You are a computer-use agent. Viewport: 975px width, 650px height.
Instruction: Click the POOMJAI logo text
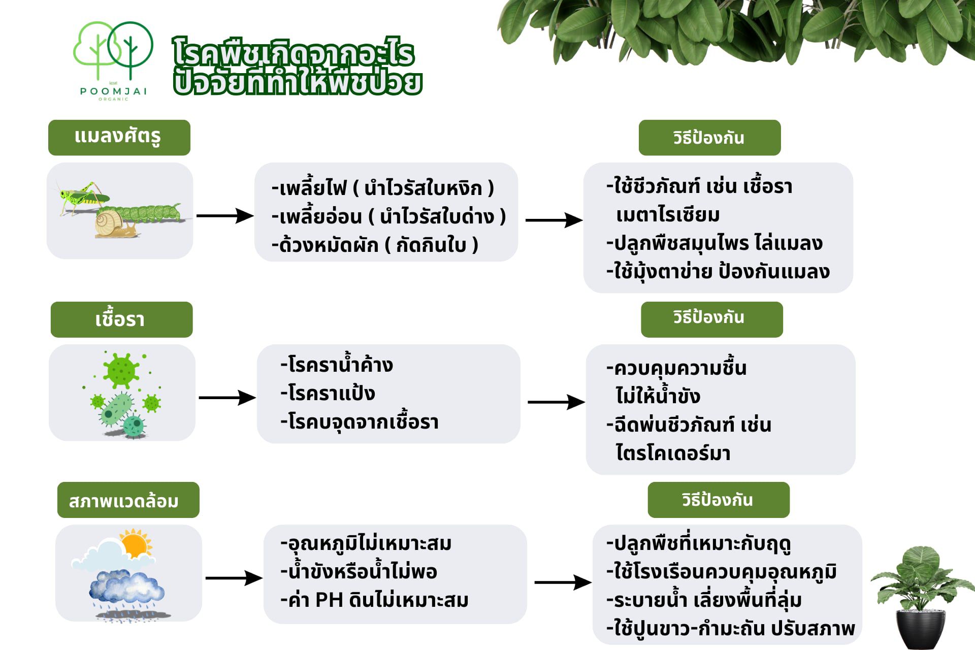click(113, 91)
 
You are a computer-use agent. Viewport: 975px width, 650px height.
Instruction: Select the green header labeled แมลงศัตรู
click(119, 138)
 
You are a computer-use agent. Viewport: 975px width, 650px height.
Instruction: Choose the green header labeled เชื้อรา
click(122, 319)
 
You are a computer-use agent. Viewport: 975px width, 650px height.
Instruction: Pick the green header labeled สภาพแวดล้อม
click(128, 500)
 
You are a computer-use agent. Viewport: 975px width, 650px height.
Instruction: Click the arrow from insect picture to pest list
click(225, 216)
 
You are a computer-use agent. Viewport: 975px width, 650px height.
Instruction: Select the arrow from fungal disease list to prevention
click(556, 402)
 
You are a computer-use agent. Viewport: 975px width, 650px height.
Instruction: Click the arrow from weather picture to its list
click(234, 578)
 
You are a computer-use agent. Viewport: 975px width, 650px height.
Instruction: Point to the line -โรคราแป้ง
click(328, 393)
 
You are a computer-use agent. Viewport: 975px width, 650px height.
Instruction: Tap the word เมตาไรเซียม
click(668, 215)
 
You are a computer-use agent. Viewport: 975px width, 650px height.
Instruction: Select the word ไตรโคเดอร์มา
click(673, 452)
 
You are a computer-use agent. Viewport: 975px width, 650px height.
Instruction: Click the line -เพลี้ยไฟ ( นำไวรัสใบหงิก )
click(383, 188)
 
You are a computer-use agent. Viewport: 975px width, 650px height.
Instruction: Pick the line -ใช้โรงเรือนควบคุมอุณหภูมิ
click(721, 572)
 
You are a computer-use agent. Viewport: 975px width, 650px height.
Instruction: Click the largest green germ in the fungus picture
click(121, 370)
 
